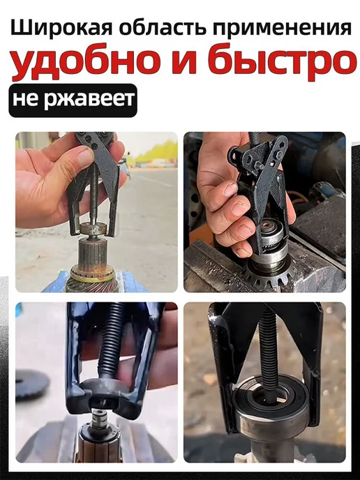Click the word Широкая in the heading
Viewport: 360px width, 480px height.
click(x=62, y=29)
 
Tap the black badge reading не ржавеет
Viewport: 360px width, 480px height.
click(x=73, y=100)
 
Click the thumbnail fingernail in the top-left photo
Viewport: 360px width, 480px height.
click(x=86, y=156)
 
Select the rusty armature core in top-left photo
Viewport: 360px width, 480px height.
click(x=93, y=255)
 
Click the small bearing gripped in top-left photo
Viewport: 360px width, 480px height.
click(x=93, y=228)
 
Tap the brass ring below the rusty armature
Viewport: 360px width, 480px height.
click(x=92, y=276)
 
